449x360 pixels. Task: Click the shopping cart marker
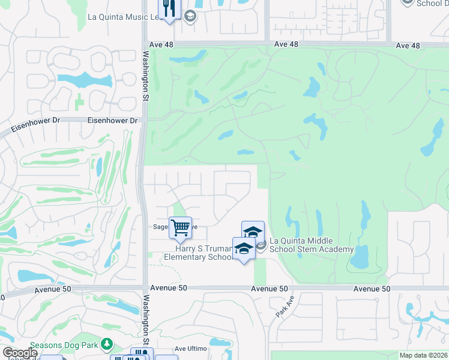click(x=180, y=228)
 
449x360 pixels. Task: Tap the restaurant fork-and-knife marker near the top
click(x=168, y=9)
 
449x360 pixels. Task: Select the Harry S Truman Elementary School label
click(x=199, y=253)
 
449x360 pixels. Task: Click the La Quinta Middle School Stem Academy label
click(x=312, y=245)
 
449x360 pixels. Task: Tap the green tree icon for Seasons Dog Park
click(x=106, y=344)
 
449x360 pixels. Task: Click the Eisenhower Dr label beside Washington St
click(x=112, y=121)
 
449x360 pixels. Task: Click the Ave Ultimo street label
click(x=190, y=349)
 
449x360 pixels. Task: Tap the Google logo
click(x=19, y=353)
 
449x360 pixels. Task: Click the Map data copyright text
click(x=423, y=355)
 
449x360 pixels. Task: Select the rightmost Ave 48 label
click(x=408, y=46)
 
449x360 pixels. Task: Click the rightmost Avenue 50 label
click(x=372, y=289)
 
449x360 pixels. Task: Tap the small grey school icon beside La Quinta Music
click(x=190, y=16)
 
